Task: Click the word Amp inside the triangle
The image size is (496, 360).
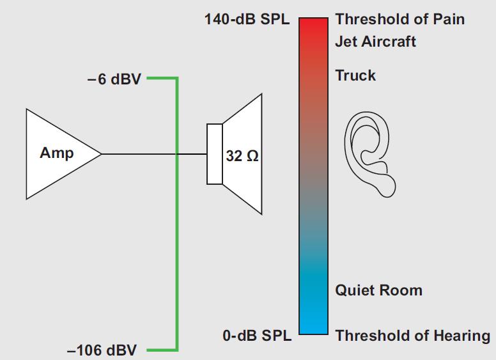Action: click(x=56, y=153)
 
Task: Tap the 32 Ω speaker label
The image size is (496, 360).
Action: click(x=242, y=155)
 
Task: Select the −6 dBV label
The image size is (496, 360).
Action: click(x=114, y=82)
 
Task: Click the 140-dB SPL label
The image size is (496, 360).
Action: click(x=247, y=19)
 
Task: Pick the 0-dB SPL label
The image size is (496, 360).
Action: click(x=256, y=335)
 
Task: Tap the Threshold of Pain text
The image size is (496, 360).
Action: click(x=399, y=19)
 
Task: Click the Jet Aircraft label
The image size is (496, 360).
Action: click(x=375, y=42)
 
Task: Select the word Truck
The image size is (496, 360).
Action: click(x=355, y=75)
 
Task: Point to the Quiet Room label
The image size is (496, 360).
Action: click(x=378, y=290)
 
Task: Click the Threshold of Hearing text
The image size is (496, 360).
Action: click(x=412, y=335)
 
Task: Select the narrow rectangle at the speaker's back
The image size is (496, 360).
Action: click(x=213, y=154)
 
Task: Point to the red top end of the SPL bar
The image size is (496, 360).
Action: click(x=313, y=26)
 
